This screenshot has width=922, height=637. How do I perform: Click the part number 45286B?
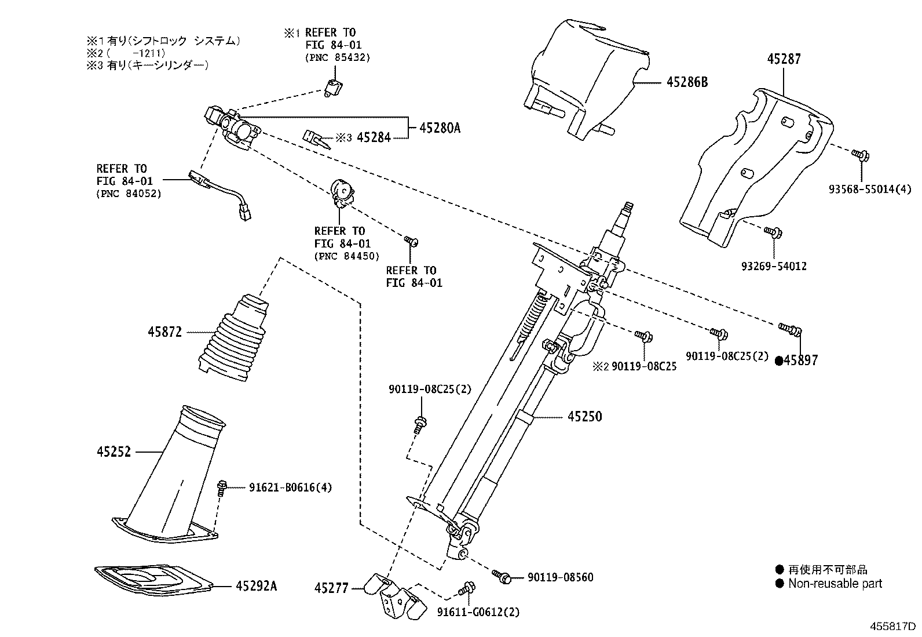pos(687,82)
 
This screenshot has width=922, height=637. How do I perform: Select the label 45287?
pos(784,59)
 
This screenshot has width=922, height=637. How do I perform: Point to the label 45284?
pos(374,137)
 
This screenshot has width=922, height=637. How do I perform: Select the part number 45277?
pos(331,588)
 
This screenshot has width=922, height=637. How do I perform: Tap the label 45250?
pos(584,416)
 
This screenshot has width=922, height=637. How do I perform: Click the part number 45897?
pos(801,360)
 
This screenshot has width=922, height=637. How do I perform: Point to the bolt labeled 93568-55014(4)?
pos(859,154)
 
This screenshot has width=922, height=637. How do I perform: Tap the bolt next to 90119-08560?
pos(501,576)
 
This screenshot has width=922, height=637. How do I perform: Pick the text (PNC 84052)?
pos(129,194)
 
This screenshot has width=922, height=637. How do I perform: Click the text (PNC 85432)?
pos(337,57)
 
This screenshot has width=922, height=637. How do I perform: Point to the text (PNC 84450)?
pos(347,256)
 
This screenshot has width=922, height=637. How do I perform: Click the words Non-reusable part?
pos(835,584)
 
